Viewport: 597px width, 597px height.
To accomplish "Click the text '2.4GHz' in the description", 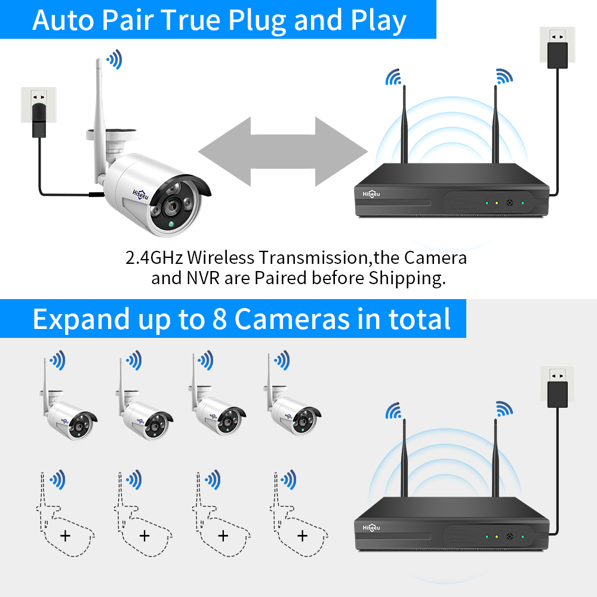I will click(x=155, y=258).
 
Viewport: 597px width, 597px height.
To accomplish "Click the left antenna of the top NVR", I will click(x=404, y=125).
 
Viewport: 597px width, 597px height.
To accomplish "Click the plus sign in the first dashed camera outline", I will click(x=65, y=536).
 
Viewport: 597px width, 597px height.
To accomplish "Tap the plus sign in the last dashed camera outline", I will click(x=302, y=536).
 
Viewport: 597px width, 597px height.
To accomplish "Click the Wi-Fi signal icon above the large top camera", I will click(x=113, y=59).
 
